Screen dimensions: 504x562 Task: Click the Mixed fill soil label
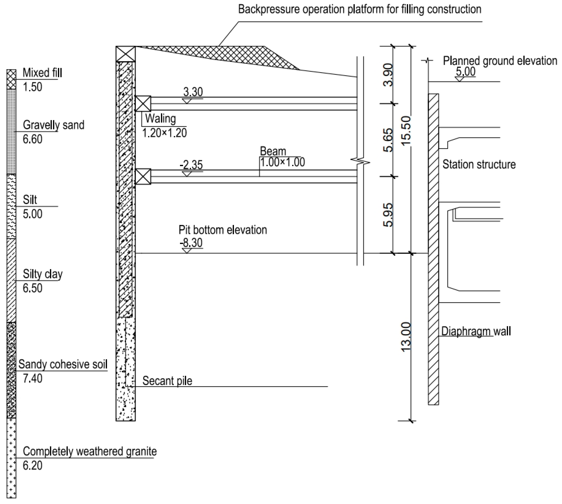pyautogui.click(x=42, y=73)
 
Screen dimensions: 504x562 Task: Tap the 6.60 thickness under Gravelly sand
pyautogui.click(x=32, y=139)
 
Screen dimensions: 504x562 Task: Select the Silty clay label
pyautogui.click(x=43, y=274)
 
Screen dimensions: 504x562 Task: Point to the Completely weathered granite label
pyautogui.click(x=89, y=451)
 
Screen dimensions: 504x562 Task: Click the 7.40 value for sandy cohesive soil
pyautogui.click(x=32, y=379)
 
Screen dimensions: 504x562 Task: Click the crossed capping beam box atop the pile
pyautogui.click(x=126, y=54)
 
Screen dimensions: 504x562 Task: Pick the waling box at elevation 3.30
pyautogui.click(x=143, y=104)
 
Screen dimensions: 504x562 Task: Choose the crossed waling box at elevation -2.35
pyautogui.click(x=143, y=176)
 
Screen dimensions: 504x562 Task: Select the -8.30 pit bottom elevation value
pyautogui.click(x=191, y=243)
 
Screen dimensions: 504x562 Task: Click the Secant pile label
pyautogui.click(x=167, y=381)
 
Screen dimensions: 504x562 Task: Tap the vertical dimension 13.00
pyautogui.click(x=406, y=337)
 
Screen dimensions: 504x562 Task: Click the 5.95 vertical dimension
pyautogui.click(x=388, y=215)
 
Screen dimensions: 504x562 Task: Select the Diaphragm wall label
pyautogui.click(x=475, y=331)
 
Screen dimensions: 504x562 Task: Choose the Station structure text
pyautogui.click(x=479, y=164)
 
